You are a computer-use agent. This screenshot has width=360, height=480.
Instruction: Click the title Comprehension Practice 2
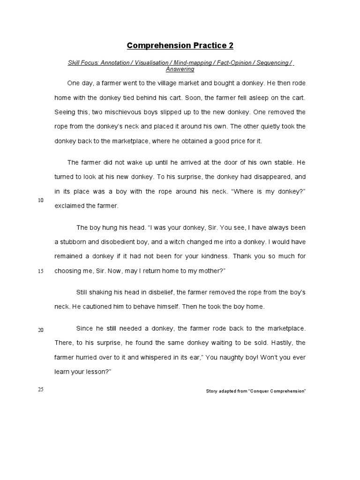(180, 45)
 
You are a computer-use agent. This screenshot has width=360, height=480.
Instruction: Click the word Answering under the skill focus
(180, 69)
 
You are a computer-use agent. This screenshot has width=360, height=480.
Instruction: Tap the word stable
(281, 162)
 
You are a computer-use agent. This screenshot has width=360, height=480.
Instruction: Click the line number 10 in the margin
(41, 200)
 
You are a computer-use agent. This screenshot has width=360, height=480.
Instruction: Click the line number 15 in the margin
(41, 271)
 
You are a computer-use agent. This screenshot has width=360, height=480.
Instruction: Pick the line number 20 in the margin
(41, 330)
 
